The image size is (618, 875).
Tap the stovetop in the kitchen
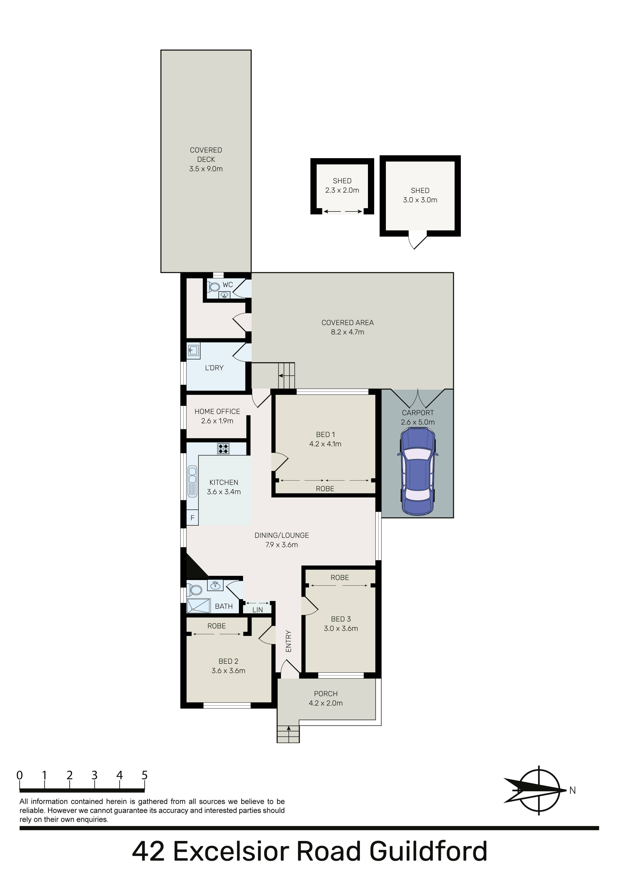[x=223, y=449]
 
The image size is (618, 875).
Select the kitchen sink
[x=192, y=481]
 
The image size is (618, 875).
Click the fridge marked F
[x=192, y=518]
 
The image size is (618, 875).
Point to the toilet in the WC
[x=213, y=287]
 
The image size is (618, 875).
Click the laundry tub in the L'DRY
[x=193, y=351]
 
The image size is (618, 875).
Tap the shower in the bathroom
[x=198, y=606]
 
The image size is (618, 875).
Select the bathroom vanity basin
[x=215, y=585]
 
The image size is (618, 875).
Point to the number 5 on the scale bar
[x=144, y=775]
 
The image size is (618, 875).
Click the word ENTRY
[x=288, y=641]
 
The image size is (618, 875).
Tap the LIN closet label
[x=258, y=610]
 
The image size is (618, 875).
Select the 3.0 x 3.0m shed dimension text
[x=420, y=200]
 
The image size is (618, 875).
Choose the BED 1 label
[x=325, y=434]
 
